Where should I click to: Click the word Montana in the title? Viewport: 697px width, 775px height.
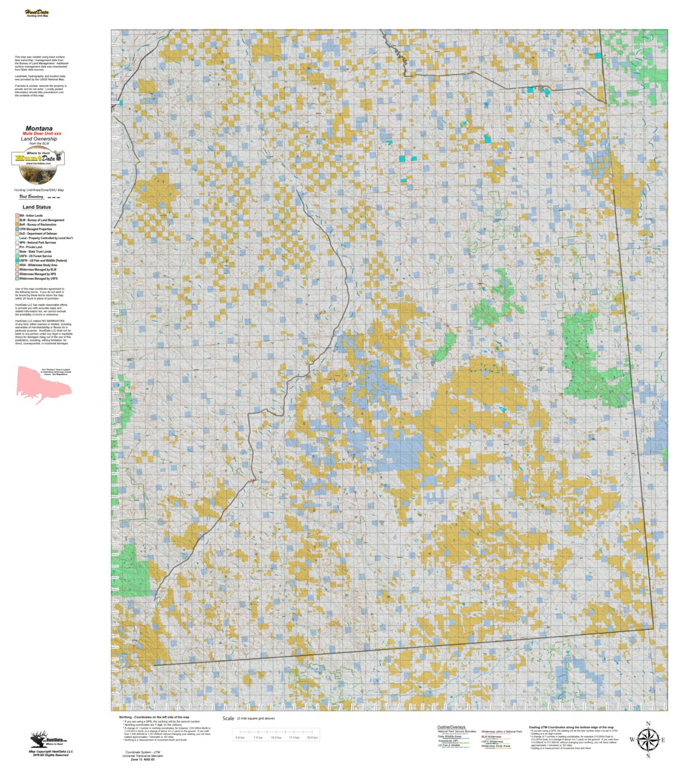point(39,128)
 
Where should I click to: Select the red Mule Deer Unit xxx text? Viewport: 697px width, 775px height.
point(42,134)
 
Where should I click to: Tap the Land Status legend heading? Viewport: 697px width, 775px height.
point(37,207)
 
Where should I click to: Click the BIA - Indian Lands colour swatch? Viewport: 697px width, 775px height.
point(17,216)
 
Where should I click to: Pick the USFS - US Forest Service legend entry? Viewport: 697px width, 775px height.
point(35,256)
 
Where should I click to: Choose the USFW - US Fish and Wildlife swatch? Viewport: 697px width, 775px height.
point(17,261)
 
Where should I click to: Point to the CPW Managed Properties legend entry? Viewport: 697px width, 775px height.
point(36,229)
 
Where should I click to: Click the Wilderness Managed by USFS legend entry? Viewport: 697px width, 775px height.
point(38,278)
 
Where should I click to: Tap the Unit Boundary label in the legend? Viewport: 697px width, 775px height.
point(31,197)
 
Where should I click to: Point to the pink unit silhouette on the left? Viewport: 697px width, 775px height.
point(42,384)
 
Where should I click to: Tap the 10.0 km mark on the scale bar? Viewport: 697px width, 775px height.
point(276,737)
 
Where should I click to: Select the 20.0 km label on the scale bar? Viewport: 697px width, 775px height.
point(312,737)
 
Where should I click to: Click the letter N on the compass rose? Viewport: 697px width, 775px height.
point(648,724)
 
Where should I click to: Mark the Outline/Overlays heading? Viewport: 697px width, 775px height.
point(451,727)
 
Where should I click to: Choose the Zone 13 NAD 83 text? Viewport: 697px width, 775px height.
point(142,760)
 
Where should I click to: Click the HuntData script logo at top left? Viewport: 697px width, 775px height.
point(37,13)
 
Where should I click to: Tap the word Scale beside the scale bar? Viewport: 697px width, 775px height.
point(228,718)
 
